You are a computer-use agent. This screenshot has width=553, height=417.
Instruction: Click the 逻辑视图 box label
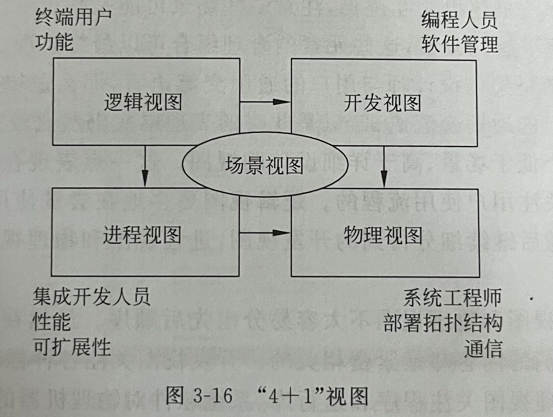point(143,102)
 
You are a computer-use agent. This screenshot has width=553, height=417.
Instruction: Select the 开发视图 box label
point(382,103)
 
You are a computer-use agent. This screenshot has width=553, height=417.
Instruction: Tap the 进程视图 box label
point(142,235)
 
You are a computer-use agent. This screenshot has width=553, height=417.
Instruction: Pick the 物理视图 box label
point(383,236)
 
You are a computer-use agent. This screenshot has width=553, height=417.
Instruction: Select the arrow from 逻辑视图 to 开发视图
point(265,101)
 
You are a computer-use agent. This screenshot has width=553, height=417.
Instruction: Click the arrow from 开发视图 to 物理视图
point(384,167)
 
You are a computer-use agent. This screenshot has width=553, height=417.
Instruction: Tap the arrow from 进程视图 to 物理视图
point(264,232)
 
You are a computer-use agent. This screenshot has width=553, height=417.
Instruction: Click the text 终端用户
point(73,18)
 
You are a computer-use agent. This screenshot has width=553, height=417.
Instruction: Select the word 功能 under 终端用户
point(54,43)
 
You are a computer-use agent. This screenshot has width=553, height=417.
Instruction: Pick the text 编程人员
point(459,20)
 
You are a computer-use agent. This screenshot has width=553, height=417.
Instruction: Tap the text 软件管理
point(460,44)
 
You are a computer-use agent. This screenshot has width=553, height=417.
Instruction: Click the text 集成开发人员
point(91,297)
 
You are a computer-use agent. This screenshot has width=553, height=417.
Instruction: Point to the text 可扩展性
point(72,347)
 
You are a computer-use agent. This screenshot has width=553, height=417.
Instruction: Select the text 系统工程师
point(452,298)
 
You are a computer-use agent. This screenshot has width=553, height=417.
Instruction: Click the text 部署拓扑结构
point(442,323)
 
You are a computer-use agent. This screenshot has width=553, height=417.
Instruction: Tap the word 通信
point(483,348)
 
